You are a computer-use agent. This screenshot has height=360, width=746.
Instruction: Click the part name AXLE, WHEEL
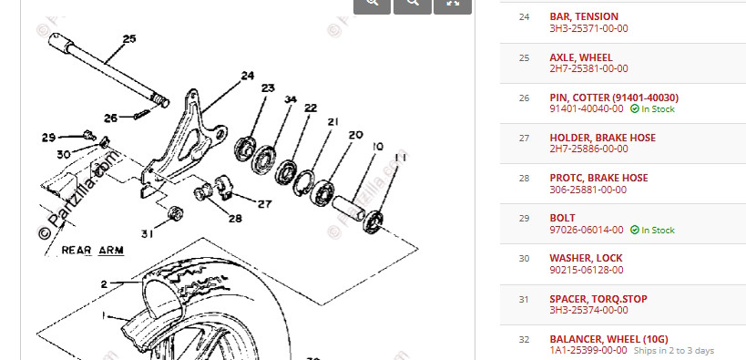[581, 57]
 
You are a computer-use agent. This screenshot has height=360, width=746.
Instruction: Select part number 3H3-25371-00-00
[588, 28]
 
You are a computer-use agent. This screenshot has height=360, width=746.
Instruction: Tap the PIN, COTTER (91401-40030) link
[614, 98]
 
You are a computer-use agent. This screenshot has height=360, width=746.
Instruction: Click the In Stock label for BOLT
[653, 230]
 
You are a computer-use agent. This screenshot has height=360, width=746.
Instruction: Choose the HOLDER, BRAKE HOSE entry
[602, 139]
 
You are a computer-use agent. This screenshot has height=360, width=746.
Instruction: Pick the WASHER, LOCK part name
[586, 258]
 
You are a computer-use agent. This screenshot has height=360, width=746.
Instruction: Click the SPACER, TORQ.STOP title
[598, 299]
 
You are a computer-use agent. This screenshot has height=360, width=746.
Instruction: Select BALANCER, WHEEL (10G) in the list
[608, 340]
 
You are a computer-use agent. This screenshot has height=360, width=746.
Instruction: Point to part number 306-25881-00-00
[588, 190]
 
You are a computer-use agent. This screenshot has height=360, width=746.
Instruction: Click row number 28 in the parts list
[524, 178]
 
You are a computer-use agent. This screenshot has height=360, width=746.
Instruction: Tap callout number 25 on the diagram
[129, 39]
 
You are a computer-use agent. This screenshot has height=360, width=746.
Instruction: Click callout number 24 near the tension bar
[248, 76]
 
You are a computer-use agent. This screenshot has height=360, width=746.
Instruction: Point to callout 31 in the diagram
[148, 234]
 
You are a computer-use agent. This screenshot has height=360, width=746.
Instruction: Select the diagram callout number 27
[264, 204]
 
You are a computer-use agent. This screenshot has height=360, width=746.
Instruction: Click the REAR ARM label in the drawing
[92, 250]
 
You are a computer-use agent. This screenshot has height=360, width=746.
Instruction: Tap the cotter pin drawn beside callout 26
[142, 114]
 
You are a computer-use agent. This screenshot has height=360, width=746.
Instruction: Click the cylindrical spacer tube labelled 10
[349, 209]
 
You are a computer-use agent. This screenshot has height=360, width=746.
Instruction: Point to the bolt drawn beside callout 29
[87, 135]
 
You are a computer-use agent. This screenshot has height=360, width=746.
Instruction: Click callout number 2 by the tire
[104, 284]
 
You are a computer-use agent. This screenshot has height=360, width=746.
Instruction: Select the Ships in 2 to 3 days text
[674, 351]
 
